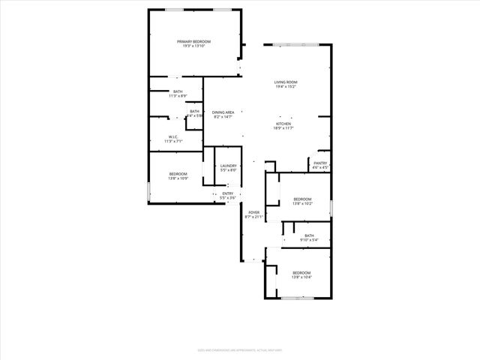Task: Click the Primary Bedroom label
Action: pos(193,41)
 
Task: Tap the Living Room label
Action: pos(286,82)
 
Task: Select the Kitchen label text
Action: pos(283,124)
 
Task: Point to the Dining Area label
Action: pos(223,112)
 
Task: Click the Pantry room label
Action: pos(320,163)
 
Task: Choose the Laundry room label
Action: pos(229,166)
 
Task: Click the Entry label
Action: pos(228,193)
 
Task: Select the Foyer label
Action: pos(254,212)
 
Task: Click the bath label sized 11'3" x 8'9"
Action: pos(178,91)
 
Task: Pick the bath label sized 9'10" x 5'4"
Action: pos(310,236)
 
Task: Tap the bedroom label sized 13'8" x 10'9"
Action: pos(178,174)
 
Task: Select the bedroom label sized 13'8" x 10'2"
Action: pos(302,199)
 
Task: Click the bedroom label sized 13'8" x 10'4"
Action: pos(301,272)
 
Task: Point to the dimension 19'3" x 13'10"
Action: pos(193,46)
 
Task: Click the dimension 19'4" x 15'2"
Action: pos(286,86)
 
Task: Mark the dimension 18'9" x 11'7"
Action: pos(283,128)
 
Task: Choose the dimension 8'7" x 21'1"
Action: pos(254,217)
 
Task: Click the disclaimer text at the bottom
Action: pos(239,348)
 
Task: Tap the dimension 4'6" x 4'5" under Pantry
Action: pos(320,167)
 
